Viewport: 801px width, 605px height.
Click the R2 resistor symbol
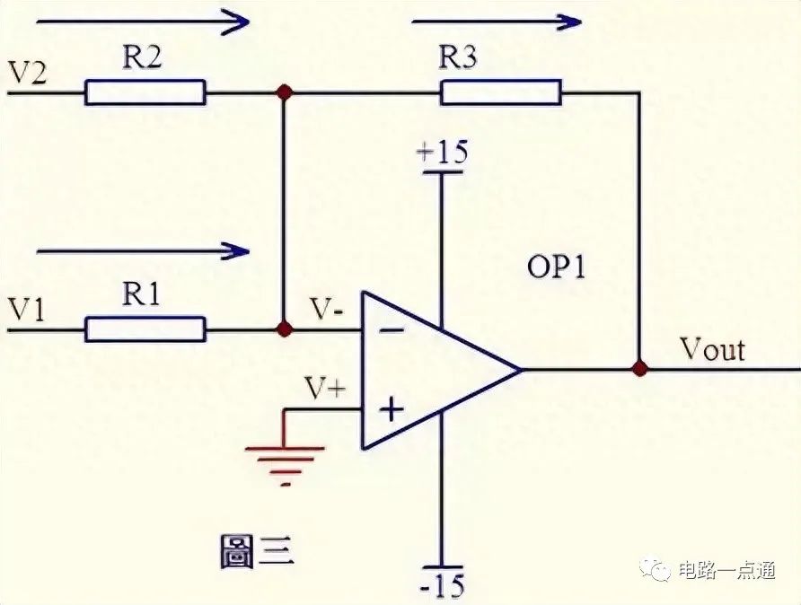tap(145, 92)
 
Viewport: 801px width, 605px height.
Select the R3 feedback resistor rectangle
tap(501, 92)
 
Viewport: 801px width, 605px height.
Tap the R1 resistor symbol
tap(145, 329)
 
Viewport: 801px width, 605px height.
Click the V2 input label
tap(28, 73)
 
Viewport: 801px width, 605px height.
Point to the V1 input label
tap(27, 310)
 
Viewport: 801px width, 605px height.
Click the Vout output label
tap(713, 350)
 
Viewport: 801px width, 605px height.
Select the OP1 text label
tap(556, 267)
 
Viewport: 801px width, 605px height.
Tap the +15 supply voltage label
tap(442, 152)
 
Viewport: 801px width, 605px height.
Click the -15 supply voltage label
tap(443, 585)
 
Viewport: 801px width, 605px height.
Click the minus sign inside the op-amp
tap(392, 330)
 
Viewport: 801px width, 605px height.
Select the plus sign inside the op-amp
tap(392, 408)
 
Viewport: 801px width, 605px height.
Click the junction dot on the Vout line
tap(639, 368)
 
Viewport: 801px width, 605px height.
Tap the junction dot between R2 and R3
tap(284, 92)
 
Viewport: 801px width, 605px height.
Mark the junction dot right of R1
tap(284, 329)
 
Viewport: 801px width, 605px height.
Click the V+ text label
tap(325, 389)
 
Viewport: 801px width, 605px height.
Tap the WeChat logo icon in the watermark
tap(656, 569)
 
